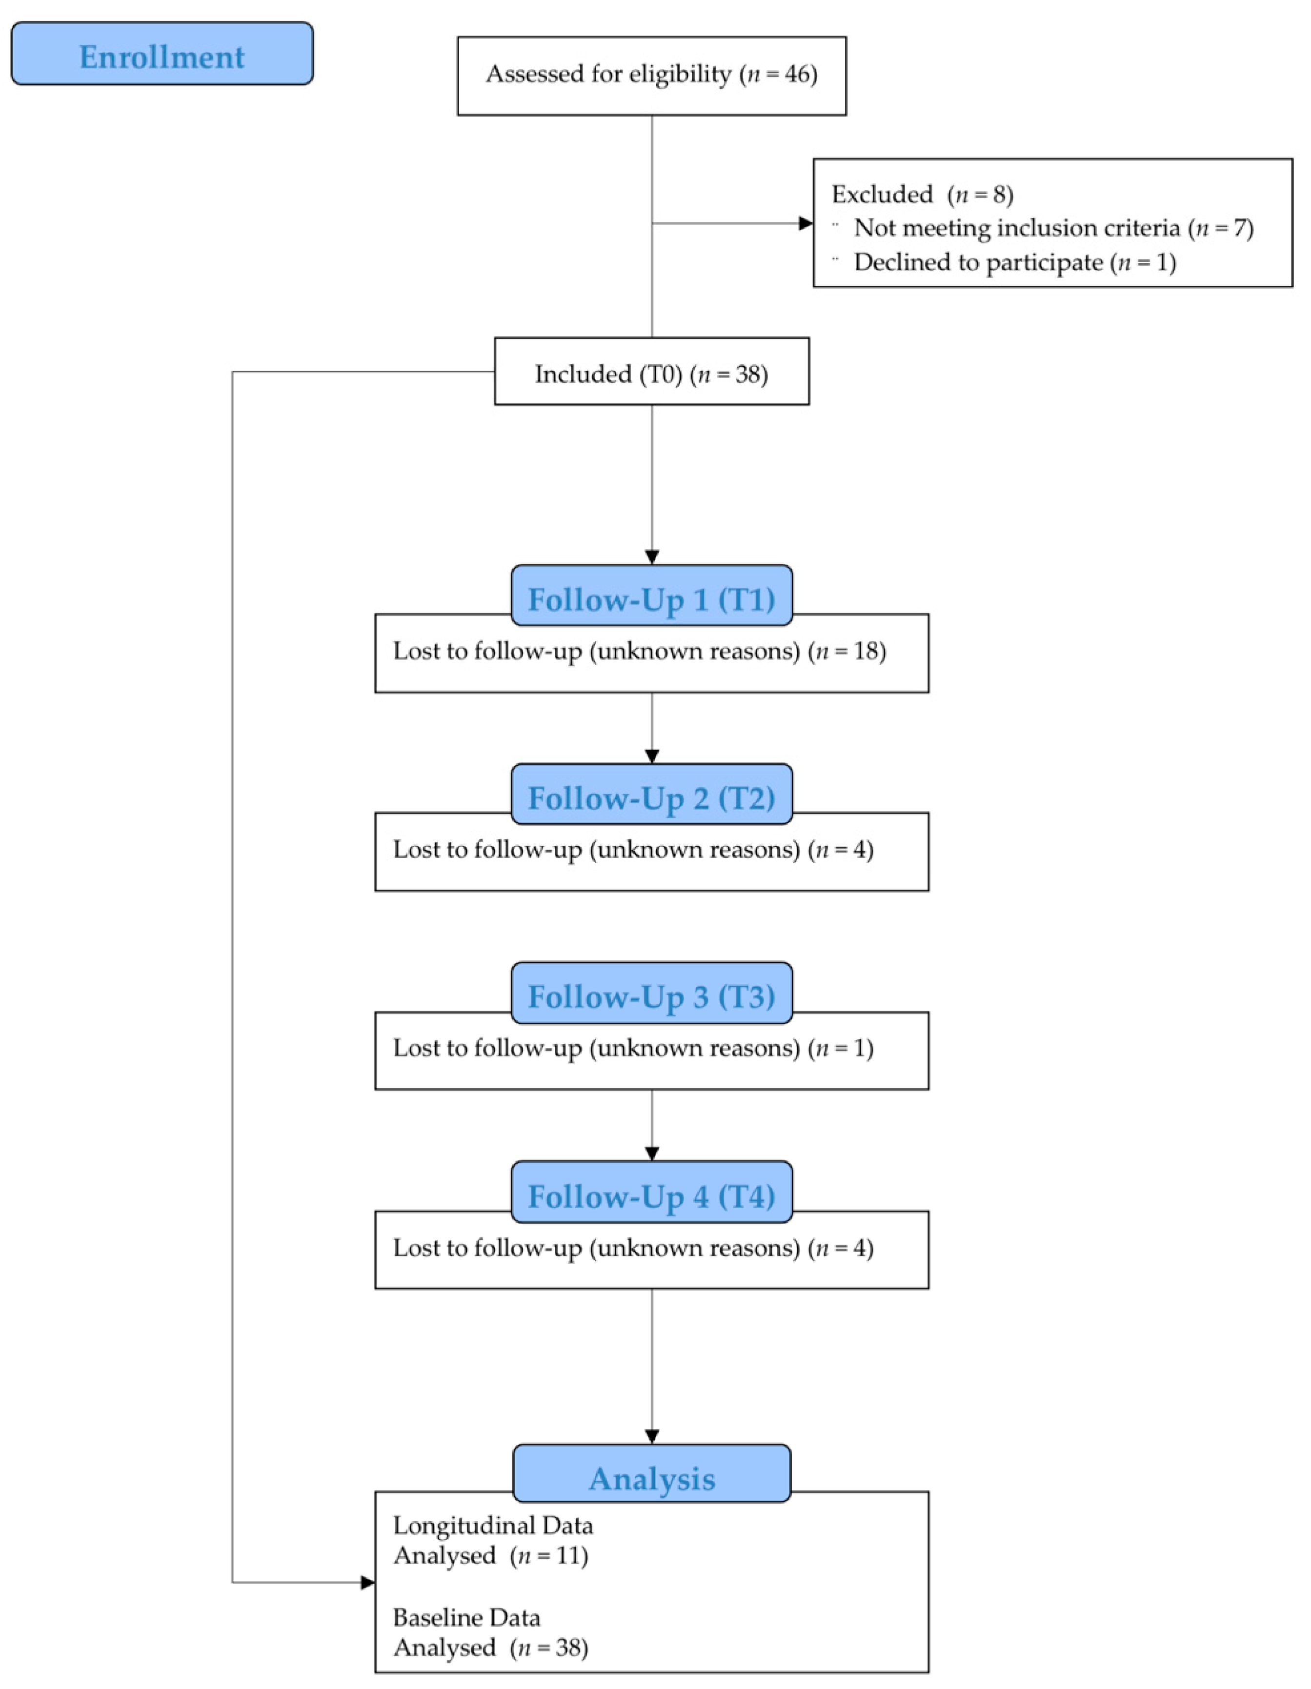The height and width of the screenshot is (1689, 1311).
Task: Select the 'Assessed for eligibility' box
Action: tap(651, 75)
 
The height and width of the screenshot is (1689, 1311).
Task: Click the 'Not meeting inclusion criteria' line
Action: tap(1053, 228)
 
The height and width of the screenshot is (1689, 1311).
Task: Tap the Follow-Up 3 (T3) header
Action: tap(651, 995)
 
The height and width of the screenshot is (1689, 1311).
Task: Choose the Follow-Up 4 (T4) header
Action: tap(651, 1195)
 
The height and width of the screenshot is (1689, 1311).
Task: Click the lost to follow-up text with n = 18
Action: tap(639, 651)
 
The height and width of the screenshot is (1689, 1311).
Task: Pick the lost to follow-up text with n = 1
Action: tap(633, 1049)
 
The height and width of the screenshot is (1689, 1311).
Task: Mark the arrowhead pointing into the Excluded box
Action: tap(806, 223)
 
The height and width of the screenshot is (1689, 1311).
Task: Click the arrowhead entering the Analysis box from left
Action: tap(368, 1582)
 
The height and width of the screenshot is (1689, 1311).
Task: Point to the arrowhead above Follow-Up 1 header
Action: tap(651, 557)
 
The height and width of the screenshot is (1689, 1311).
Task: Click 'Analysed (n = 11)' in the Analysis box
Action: tap(490, 1555)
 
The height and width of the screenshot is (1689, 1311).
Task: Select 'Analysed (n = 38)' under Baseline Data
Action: tap(490, 1647)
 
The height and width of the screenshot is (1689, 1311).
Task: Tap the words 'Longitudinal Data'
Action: tap(493, 1525)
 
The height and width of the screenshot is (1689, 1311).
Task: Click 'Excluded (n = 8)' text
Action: tap(922, 194)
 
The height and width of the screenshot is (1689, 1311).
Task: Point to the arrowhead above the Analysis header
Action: tap(651, 1436)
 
